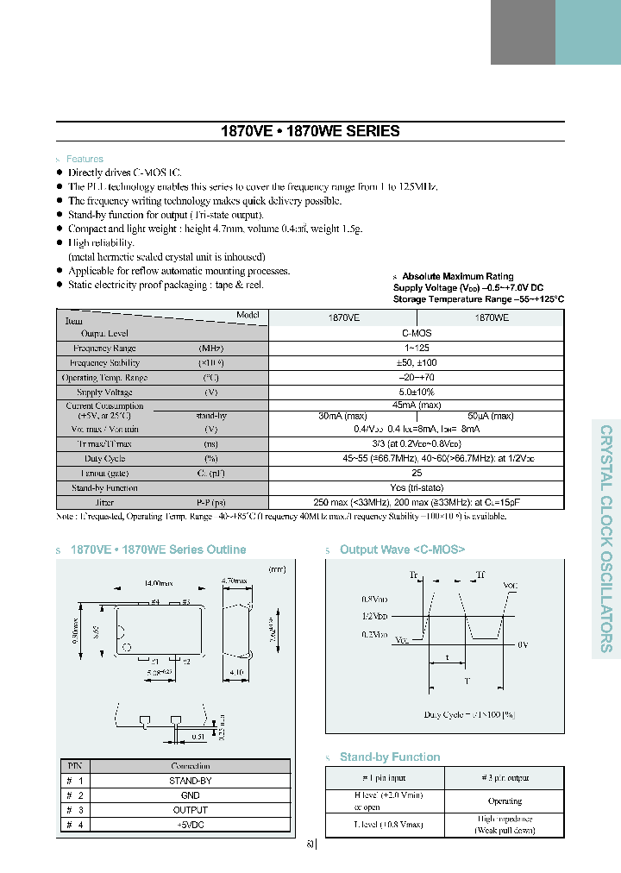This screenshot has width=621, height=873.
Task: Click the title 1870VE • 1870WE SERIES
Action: (310, 132)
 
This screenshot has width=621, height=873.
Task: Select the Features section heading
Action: (85, 160)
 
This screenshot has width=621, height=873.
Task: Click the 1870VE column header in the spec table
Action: (344, 317)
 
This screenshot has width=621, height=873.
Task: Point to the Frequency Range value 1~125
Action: (417, 348)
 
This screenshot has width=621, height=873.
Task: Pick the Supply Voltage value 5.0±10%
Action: (417, 393)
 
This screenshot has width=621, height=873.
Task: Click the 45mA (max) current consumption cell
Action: (417, 405)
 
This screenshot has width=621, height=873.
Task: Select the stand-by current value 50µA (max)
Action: (490, 416)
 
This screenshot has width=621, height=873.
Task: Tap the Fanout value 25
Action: (417, 473)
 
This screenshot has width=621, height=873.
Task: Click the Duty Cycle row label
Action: (104, 459)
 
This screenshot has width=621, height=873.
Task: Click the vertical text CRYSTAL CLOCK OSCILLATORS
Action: (606, 538)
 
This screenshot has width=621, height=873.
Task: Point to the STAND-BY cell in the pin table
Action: (191, 781)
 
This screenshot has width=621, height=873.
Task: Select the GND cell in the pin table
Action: (191, 795)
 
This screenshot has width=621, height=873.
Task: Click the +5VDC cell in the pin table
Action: (191, 825)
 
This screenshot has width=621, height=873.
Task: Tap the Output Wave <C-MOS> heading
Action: (402, 550)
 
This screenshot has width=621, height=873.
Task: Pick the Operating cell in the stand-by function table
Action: (505, 801)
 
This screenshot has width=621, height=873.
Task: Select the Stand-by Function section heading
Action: (390, 757)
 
